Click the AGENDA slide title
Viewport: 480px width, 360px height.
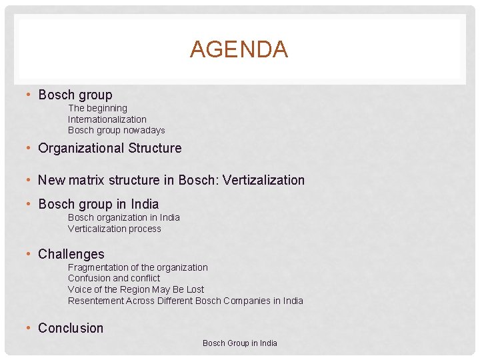tap(239, 49)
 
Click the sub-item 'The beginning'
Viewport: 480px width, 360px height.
tap(97, 108)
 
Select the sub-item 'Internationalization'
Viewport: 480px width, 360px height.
tap(107, 119)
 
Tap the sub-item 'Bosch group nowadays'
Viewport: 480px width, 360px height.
tap(116, 130)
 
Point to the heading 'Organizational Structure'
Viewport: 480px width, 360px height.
tap(109, 148)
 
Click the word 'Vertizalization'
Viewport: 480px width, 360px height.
tap(263, 180)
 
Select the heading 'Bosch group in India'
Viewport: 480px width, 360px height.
tap(98, 204)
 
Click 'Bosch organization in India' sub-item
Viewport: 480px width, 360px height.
tap(123, 217)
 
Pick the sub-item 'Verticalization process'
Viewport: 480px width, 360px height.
tap(114, 229)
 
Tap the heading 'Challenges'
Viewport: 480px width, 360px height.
tap(71, 254)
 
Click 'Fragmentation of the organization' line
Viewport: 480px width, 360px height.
tap(137, 267)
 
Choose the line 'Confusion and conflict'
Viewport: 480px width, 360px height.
tap(113, 278)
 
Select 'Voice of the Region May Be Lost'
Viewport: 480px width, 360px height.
tap(135, 289)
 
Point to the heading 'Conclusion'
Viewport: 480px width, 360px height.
tap(71, 328)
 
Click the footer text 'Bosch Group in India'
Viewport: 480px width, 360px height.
tap(239, 343)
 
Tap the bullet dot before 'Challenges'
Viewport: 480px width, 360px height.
tap(29, 254)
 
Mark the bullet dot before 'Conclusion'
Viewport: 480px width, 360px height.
tap(29, 328)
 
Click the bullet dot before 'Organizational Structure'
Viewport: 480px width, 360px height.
tap(29, 148)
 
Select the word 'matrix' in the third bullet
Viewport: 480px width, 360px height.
tap(84, 180)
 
